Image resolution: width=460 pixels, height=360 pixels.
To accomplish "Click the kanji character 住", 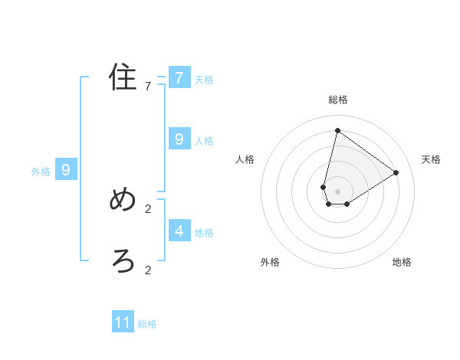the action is coord(123,77).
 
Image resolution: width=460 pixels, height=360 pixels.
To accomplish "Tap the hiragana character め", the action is coord(123,200).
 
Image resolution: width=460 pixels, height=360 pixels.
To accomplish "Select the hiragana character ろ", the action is coord(123,261).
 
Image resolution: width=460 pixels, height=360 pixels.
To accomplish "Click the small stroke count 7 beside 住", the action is coord(148,87).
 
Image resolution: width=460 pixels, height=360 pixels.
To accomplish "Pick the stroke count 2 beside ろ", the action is coord(148,270).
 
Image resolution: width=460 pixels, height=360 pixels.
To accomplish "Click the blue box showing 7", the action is coord(179,77).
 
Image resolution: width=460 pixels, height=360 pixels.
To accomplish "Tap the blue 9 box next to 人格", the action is coord(179,139).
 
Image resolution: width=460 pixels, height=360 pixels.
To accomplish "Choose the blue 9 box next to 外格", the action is coord(66,170).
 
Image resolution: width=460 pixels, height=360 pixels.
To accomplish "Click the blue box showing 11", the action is coord(123,322).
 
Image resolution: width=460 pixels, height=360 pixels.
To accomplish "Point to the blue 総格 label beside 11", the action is coord(147,324).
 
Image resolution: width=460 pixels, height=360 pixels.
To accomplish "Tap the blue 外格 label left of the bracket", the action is coord(41,172).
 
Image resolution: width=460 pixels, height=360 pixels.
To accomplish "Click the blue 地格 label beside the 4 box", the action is coord(204,233).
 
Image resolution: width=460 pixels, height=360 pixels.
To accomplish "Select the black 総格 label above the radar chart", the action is coord(337,100).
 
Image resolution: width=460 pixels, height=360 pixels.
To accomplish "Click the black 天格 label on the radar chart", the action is coord(431,159).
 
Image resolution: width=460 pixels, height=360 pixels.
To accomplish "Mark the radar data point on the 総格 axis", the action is coord(337,130).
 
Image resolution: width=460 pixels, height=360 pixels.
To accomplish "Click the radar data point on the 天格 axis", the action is coord(396,172).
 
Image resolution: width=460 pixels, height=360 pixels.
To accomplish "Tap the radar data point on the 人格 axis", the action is coord(324,187).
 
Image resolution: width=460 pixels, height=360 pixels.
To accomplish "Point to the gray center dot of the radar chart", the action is coord(337,191).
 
